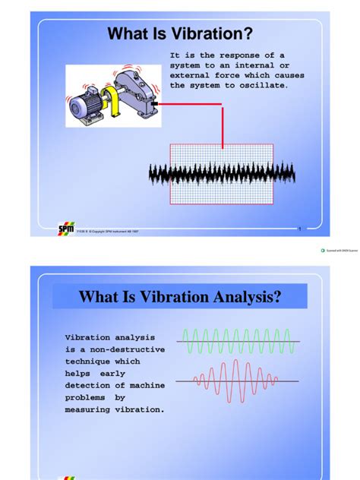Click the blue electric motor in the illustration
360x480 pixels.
(x=90, y=106)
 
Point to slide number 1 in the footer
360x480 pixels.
(x=300, y=229)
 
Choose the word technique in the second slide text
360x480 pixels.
(x=90, y=362)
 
